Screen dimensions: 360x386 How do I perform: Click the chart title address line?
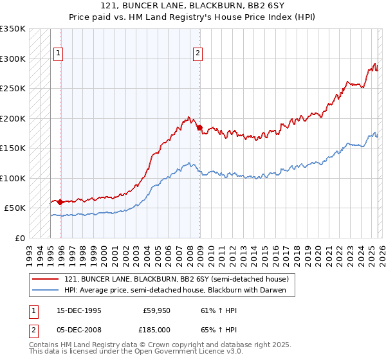(x=193, y=6)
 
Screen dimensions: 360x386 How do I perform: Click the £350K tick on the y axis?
(x=14, y=29)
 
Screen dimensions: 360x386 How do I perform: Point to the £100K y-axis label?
(x=14, y=178)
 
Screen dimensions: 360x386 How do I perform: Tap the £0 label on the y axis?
(x=21, y=238)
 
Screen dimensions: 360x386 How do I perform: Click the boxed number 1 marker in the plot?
(x=59, y=53)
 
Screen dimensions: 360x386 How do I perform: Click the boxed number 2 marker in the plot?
(x=198, y=53)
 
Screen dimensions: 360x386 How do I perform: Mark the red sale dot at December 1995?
(x=60, y=202)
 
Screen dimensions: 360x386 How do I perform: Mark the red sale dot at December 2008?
(x=199, y=127)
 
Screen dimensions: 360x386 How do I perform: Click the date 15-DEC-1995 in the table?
(x=78, y=310)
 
